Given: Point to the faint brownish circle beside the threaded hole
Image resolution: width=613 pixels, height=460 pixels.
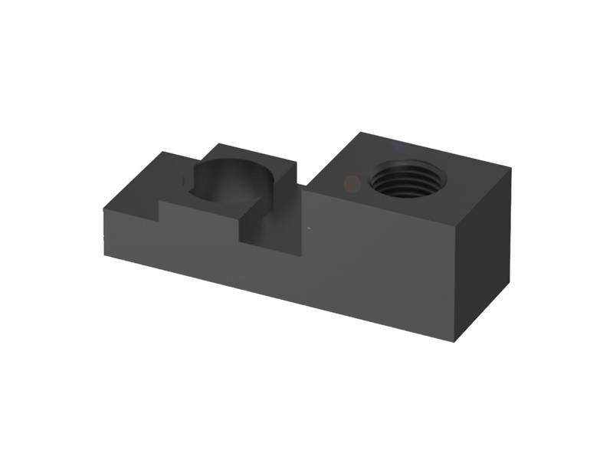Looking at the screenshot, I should click(x=352, y=182).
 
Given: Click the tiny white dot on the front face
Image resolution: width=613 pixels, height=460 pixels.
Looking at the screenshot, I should click(x=308, y=228).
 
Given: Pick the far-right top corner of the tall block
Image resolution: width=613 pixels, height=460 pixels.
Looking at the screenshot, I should click(x=510, y=169).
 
